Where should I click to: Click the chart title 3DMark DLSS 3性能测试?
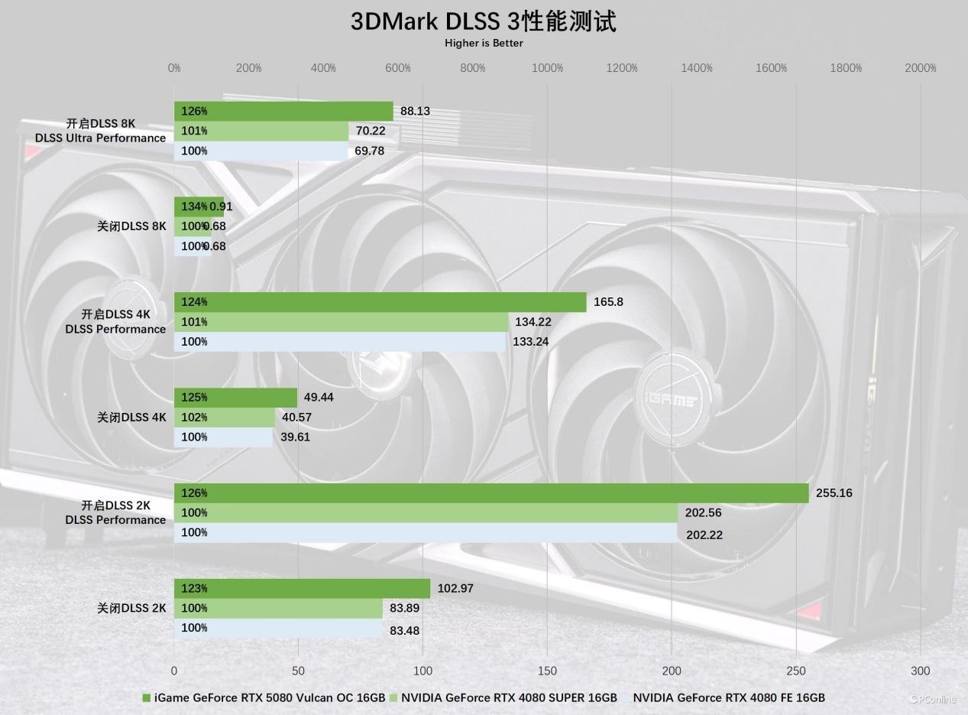(x=483, y=21)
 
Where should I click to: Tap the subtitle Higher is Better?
(x=484, y=44)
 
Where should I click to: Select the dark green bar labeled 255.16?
(x=490, y=493)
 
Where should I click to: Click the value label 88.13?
(x=415, y=111)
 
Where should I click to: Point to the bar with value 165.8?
(x=380, y=302)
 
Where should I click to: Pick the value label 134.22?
(x=533, y=322)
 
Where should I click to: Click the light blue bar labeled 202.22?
(x=426, y=533)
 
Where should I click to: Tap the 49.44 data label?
(x=319, y=398)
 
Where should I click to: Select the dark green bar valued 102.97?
(x=302, y=589)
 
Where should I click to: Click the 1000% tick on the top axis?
(x=547, y=68)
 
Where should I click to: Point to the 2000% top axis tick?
(x=921, y=68)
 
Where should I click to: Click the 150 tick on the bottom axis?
(x=547, y=671)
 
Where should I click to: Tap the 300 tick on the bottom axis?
(x=921, y=671)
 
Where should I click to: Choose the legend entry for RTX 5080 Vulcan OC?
(x=264, y=697)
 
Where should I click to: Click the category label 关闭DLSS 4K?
(x=131, y=418)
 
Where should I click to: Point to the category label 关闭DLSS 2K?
(x=131, y=609)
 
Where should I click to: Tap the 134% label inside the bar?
(x=194, y=206)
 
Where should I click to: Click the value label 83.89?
(x=404, y=609)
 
